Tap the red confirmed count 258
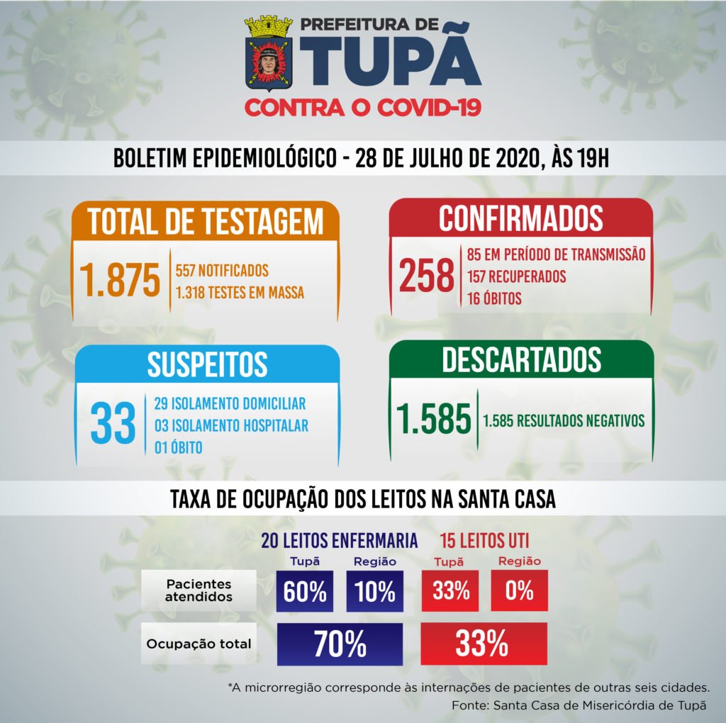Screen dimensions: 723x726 (x=426, y=276)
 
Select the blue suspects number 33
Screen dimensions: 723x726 (x=113, y=424)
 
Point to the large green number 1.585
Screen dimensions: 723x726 (x=434, y=420)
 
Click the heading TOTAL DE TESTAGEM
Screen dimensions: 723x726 (x=206, y=221)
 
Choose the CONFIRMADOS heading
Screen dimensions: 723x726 (x=520, y=218)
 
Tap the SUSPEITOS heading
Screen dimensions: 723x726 (x=207, y=364)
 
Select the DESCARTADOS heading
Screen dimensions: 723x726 (x=521, y=360)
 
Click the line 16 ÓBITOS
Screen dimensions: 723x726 (x=494, y=298)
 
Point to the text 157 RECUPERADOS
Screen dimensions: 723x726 (x=516, y=276)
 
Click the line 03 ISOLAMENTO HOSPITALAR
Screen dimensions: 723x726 (x=230, y=426)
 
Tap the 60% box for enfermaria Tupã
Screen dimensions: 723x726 (x=305, y=591)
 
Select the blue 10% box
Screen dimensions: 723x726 (x=374, y=591)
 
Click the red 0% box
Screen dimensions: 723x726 (x=519, y=590)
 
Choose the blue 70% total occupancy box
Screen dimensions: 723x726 (x=340, y=644)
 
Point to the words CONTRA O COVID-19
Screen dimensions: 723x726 (x=363, y=108)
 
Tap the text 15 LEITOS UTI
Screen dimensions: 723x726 (x=484, y=541)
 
